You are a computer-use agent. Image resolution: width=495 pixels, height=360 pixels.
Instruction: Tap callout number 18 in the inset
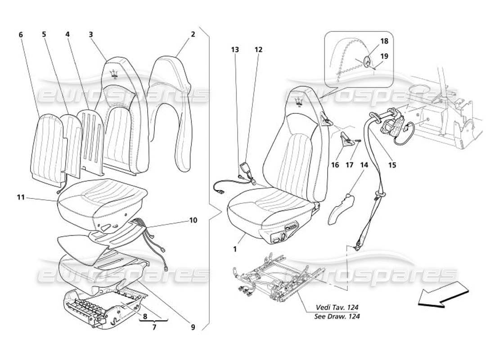[x=384, y=41]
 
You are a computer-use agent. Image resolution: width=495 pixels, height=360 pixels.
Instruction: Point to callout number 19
[x=384, y=56]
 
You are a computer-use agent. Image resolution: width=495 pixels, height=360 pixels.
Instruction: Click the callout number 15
[x=392, y=165]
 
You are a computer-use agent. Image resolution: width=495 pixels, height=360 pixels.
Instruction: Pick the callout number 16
[x=335, y=165]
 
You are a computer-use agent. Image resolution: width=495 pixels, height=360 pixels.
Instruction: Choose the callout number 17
[x=350, y=165]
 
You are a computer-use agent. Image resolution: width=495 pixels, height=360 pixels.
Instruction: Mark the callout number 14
[x=364, y=165]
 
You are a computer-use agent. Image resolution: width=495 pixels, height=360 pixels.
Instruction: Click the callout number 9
[x=193, y=328]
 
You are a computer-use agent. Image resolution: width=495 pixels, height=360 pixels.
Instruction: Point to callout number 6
[x=21, y=34]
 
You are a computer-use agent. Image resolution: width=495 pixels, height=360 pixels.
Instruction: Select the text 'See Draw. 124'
[x=337, y=316]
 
